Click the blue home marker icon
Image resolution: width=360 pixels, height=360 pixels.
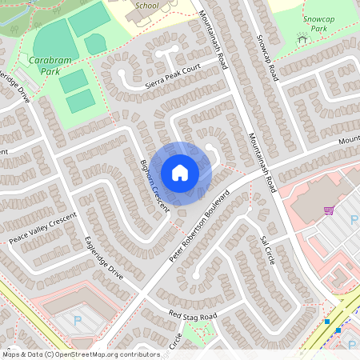[180, 172]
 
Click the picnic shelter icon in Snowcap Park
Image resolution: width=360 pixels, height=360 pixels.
[302, 37]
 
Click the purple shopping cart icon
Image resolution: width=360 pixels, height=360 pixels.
[328, 210]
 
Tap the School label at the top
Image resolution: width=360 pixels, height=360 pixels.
[147, 6]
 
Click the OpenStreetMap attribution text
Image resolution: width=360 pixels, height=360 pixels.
[80, 354]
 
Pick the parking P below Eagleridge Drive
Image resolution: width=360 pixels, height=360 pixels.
[78, 320]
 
